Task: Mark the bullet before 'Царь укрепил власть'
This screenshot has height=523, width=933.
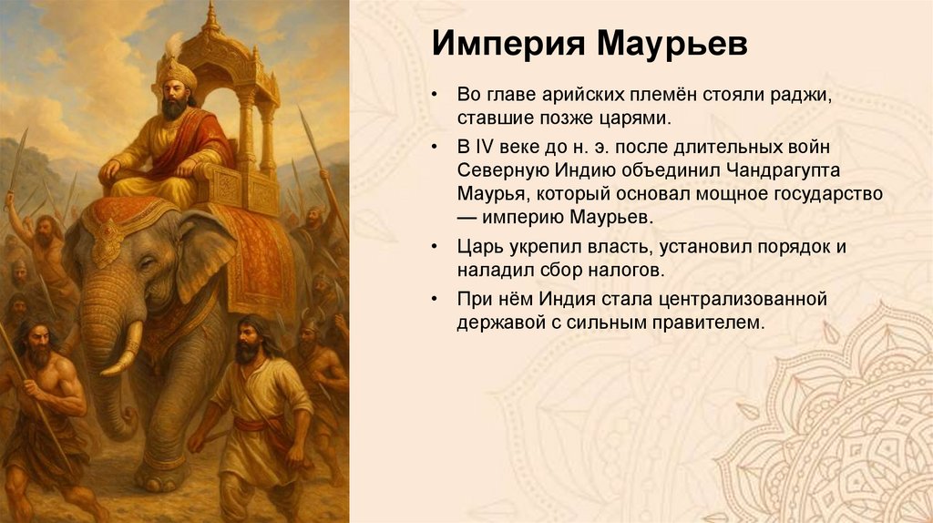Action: click(x=437, y=247)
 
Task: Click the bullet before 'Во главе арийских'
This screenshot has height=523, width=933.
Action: click(x=437, y=96)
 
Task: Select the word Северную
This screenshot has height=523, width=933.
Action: click(x=494, y=170)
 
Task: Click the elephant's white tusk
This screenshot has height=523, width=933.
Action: click(x=123, y=352)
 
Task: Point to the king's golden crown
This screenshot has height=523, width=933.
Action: click(x=177, y=70)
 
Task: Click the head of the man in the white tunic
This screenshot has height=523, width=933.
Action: click(x=247, y=338)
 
